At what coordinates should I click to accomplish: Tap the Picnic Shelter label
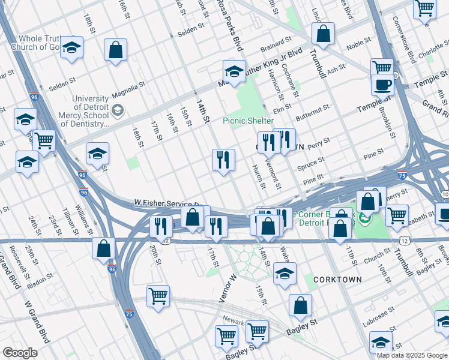(x=248, y=121)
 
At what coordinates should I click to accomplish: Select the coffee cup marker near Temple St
(x=382, y=86)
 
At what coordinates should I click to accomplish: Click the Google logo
(x=20, y=353)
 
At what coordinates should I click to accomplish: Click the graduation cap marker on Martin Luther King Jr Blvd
(x=234, y=72)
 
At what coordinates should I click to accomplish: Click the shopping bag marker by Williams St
(x=103, y=248)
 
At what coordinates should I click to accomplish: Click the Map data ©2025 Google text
(x=412, y=355)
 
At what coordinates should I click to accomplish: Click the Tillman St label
(x=67, y=225)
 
